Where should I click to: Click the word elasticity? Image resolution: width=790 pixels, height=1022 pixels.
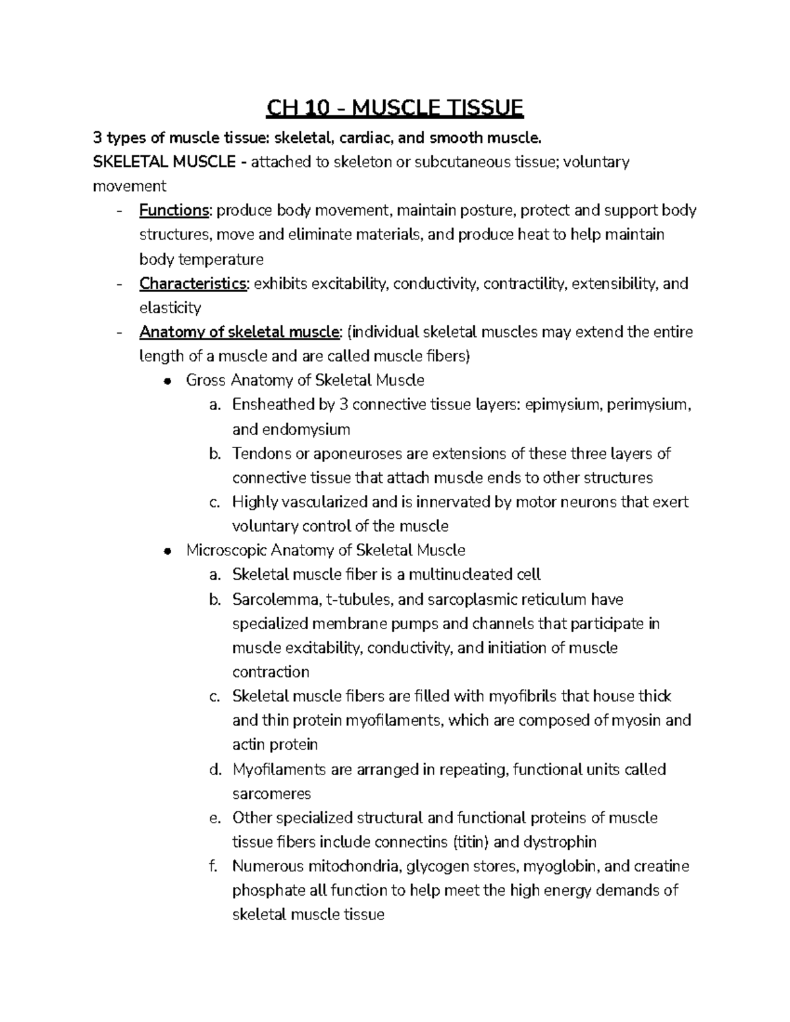pos(170,308)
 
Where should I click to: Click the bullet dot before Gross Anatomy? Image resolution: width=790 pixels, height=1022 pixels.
pos(169,381)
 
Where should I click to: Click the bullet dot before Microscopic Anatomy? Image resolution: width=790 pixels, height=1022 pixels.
pos(169,551)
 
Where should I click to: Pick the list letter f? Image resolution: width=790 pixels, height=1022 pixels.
pos(213,867)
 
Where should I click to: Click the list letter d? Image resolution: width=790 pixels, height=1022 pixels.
pos(213,770)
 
